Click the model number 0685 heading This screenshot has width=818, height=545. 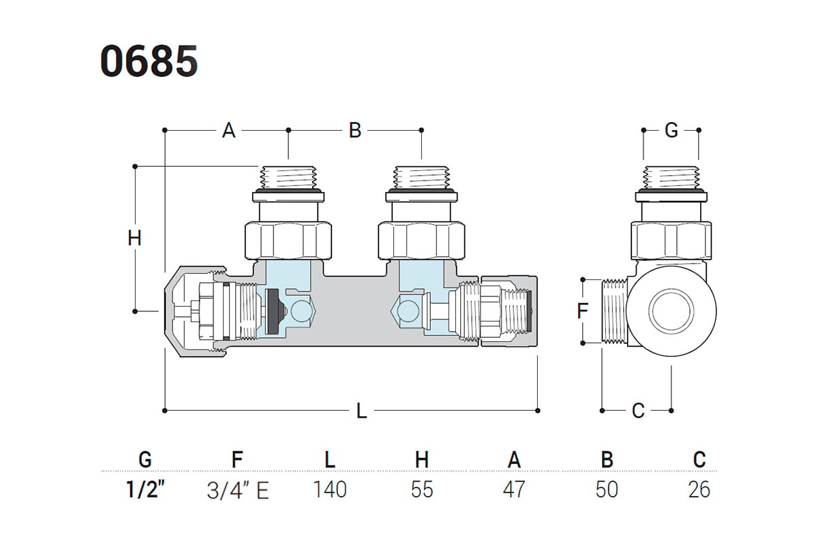(x=149, y=62)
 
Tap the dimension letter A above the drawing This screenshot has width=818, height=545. (x=228, y=130)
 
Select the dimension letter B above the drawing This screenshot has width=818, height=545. (x=354, y=130)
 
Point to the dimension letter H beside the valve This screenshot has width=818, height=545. (x=135, y=239)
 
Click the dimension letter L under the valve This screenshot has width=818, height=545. (x=361, y=411)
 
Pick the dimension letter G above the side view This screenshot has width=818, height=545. (x=671, y=130)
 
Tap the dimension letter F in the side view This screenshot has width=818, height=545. (x=582, y=311)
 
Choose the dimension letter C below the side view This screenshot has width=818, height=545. (x=638, y=411)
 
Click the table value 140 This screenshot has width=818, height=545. (x=330, y=489)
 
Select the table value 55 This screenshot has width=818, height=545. (x=422, y=489)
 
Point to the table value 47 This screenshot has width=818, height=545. (x=514, y=489)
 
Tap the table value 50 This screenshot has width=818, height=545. (x=607, y=489)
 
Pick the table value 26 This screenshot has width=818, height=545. (x=699, y=489)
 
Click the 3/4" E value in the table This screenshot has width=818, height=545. (x=237, y=490)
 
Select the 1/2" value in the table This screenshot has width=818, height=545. (x=145, y=489)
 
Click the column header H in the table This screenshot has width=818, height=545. (x=422, y=460)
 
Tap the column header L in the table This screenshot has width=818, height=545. (x=330, y=460)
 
